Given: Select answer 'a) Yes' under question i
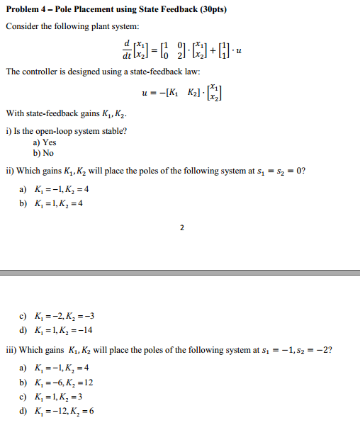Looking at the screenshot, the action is (x=45, y=142).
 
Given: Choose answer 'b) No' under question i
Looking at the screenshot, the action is (x=44, y=152).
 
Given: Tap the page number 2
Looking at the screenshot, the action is (x=181, y=227).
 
